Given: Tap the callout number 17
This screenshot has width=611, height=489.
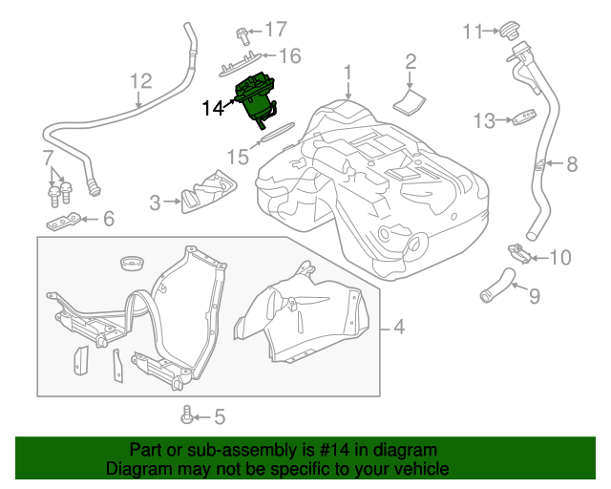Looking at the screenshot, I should point(275,29).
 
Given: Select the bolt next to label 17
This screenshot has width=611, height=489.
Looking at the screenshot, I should point(243,35).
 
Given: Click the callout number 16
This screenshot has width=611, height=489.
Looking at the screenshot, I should point(289,56).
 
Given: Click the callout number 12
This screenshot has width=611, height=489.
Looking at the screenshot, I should point(140,81).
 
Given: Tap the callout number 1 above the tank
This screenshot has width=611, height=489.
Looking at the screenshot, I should point(348,72).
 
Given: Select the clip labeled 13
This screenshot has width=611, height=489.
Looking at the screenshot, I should point(521,119).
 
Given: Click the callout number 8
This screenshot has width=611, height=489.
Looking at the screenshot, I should point(572,164).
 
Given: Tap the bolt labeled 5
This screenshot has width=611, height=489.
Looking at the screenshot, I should point(187,415).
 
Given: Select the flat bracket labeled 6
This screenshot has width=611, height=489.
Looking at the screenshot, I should point(65,222).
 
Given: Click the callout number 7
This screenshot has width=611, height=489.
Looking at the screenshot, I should point(48,158).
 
